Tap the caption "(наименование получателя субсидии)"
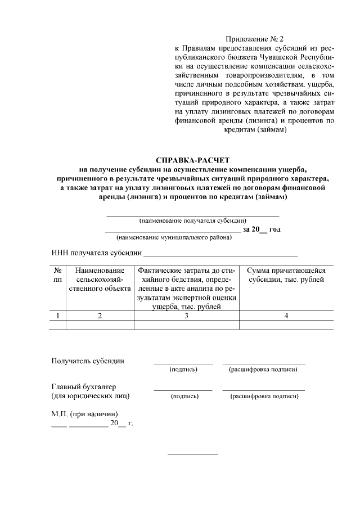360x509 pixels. [193, 221]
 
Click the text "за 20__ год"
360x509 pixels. [262, 229]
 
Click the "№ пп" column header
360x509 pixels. [57, 275]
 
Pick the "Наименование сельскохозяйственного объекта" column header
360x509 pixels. [100, 279]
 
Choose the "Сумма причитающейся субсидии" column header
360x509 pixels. [286, 275]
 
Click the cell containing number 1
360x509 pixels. [57, 316]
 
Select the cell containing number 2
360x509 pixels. [100, 316]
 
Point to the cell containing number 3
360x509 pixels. [186, 316]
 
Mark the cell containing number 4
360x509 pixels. [286, 316]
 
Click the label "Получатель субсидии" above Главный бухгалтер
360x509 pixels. [88, 361]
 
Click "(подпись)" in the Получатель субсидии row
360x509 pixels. [183, 370]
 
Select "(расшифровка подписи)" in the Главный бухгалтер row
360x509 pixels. [264, 396]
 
